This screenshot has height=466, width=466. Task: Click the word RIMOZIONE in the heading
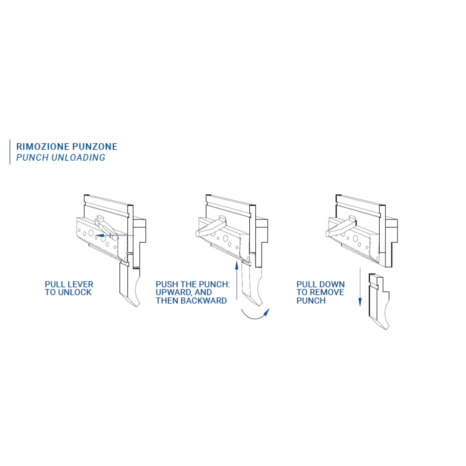coord(43,146)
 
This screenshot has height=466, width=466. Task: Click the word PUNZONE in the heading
coord(95,146)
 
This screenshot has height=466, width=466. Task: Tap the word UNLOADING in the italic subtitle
coord(78,158)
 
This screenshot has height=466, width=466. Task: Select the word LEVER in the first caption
coord(81,284)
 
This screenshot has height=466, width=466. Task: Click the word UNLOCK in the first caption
coord(75,293)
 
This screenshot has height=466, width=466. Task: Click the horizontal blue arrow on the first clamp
coord(115,236)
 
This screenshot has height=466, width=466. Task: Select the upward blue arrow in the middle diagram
coord(237,280)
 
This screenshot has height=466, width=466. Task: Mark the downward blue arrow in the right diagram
coord(360,287)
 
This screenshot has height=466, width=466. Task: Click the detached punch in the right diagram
coord(378,300)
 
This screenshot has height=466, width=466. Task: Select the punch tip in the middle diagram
coord(259,303)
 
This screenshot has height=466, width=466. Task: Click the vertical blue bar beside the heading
coord(10,152)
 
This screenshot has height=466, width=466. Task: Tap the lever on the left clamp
coord(105,227)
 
